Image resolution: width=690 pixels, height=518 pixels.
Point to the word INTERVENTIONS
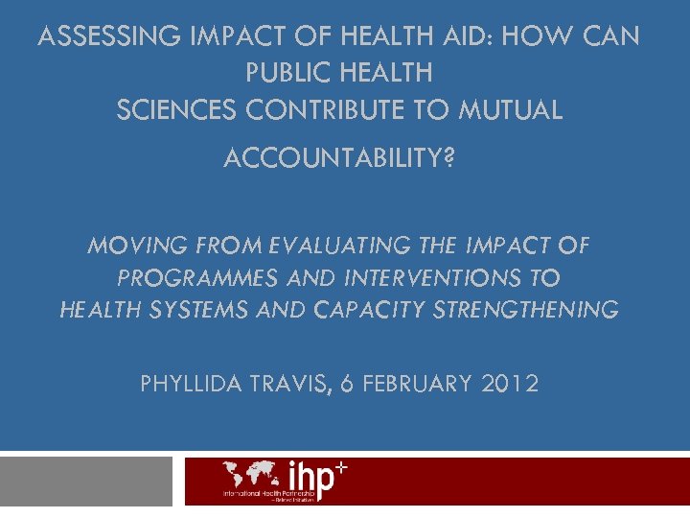click(422, 278)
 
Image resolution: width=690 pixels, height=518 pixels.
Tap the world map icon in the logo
click(253, 474)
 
